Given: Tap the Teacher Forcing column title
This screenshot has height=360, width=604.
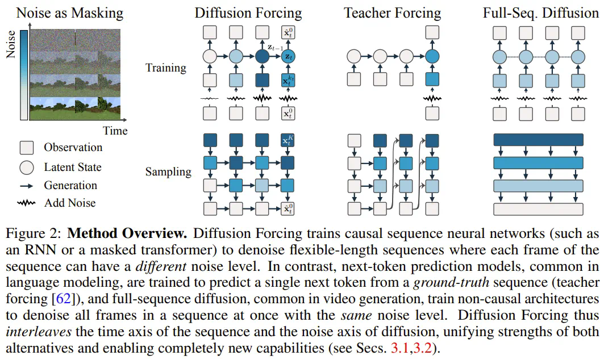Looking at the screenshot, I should click(x=393, y=12).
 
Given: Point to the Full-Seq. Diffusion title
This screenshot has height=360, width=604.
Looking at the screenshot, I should click(x=540, y=12).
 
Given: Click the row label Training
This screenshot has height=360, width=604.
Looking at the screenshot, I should click(x=166, y=68).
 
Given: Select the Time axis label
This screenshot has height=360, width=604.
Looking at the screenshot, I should click(x=115, y=131).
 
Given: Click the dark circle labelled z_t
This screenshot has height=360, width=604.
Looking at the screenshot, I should click(x=289, y=56).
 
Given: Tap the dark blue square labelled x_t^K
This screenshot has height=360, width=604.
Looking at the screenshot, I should click(x=289, y=140).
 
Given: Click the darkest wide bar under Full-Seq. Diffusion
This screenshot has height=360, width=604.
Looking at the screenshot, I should click(x=539, y=140).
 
